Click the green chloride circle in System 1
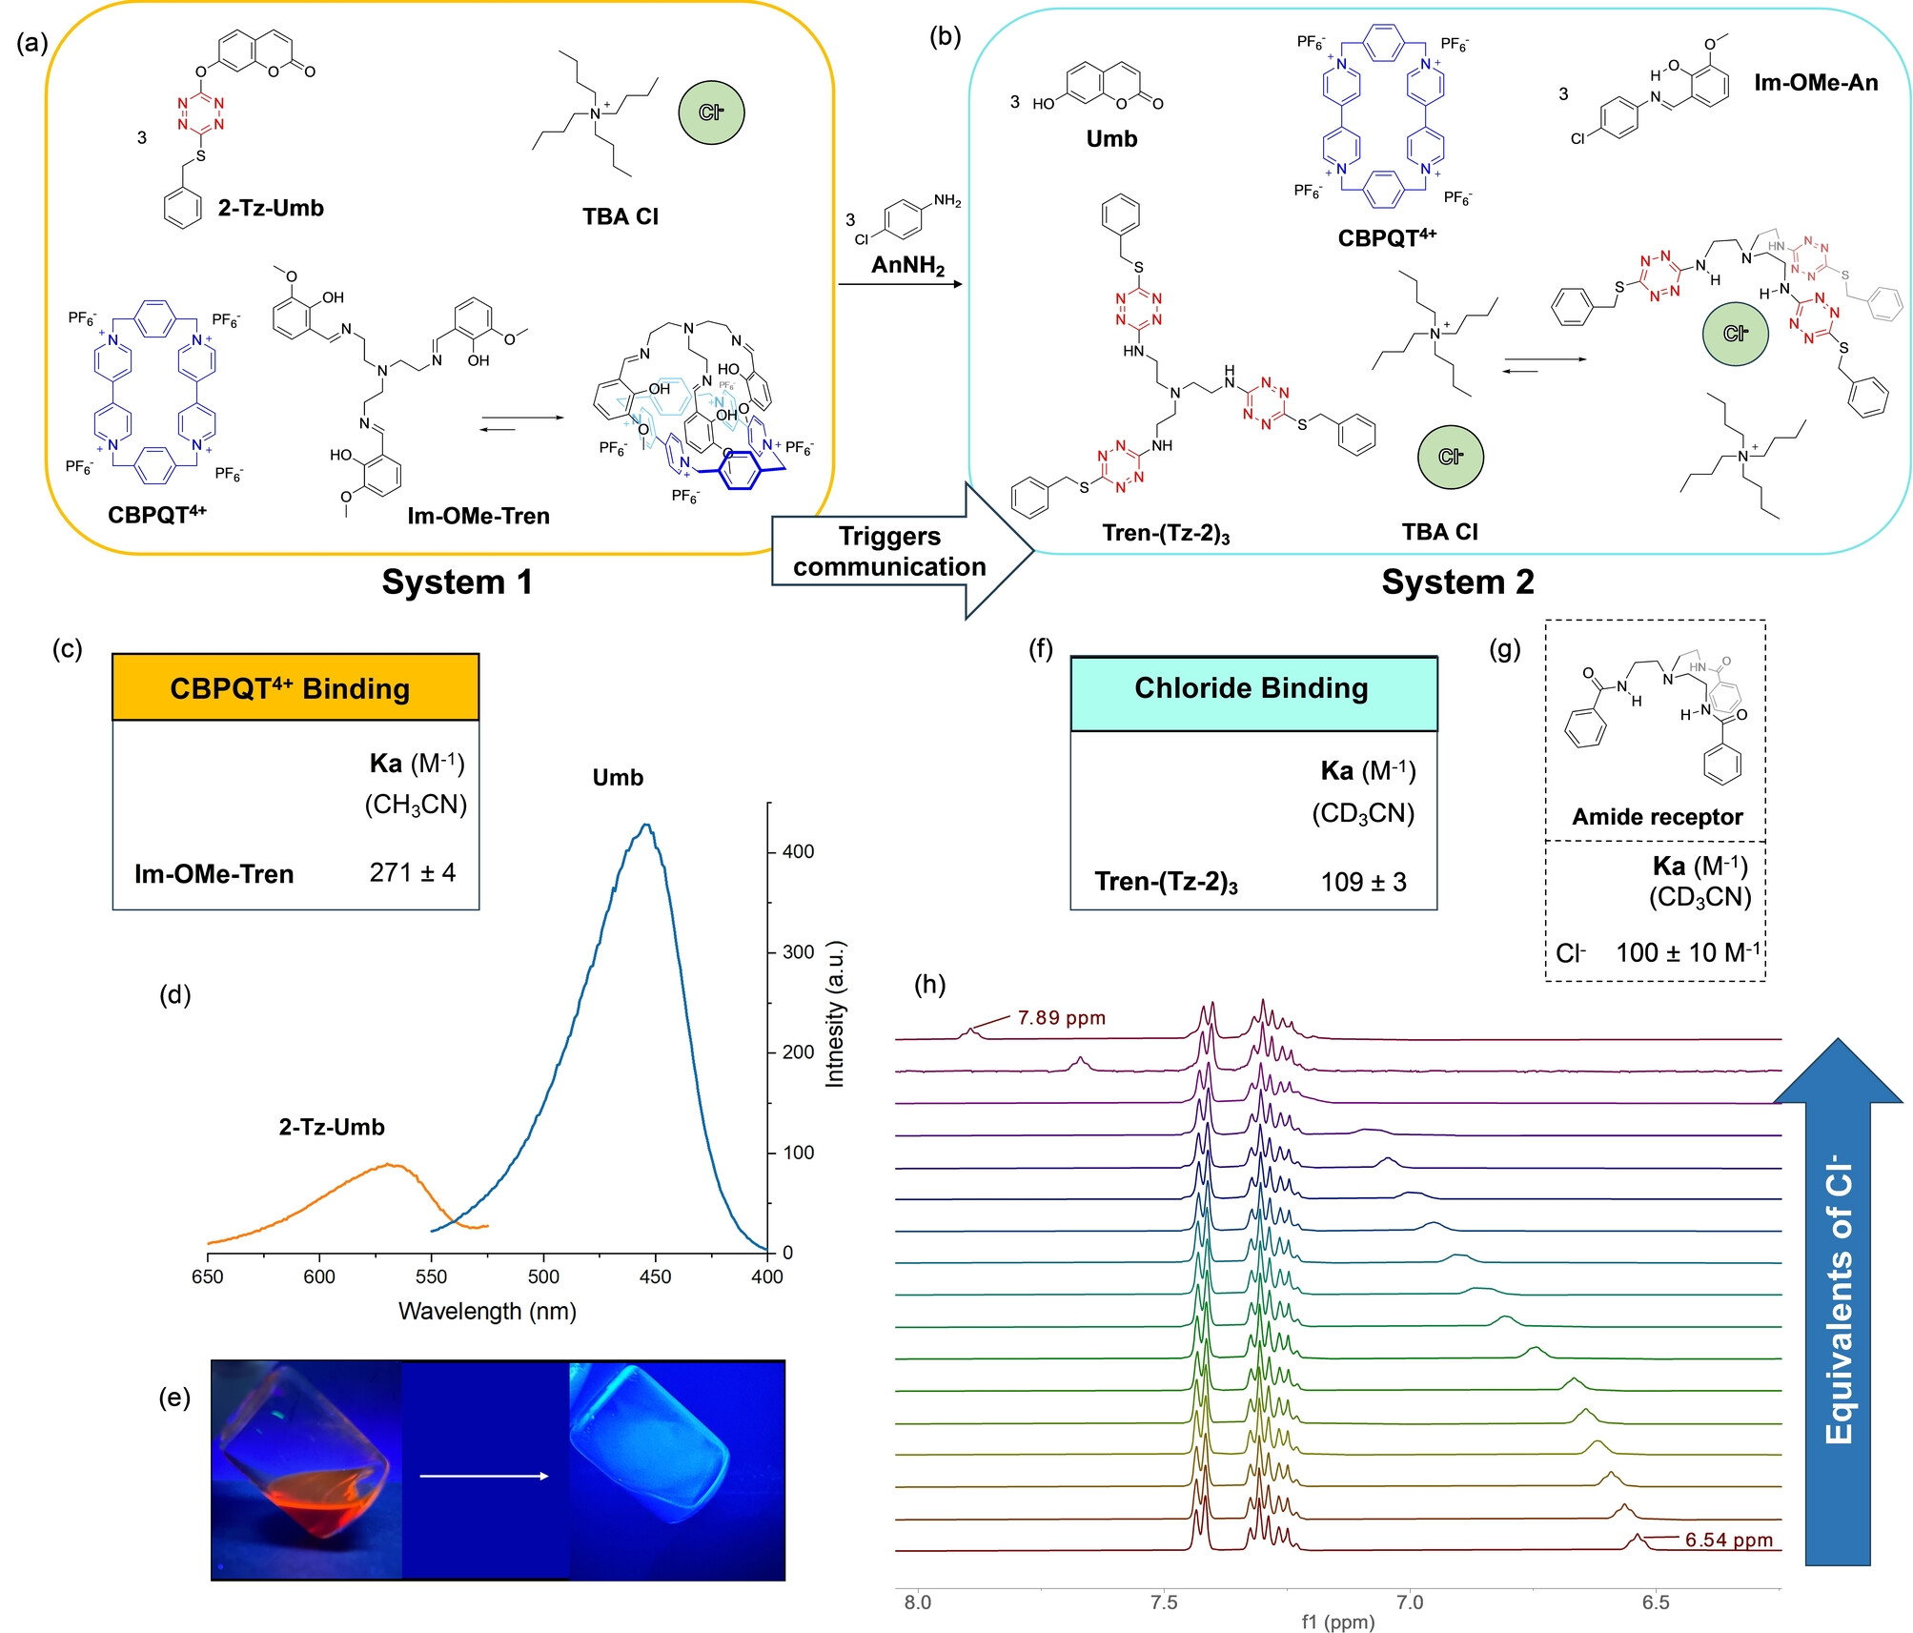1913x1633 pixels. (711, 112)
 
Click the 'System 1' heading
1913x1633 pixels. (457, 582)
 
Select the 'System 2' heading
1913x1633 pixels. (1457, 582)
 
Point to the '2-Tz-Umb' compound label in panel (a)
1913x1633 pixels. (271, 208)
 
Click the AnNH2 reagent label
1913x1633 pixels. (907, 265)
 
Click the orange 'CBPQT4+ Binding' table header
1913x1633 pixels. (295, 688)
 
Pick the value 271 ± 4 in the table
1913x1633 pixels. (412, 872)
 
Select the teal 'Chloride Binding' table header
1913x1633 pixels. (1252, 688)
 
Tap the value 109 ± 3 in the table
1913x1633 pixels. (1363, 882)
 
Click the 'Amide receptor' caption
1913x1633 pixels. (1657, 817)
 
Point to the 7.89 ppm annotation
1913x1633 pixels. (1061, 1017)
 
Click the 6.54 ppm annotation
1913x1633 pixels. (1728, 1540)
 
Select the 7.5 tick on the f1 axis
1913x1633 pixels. (1164, 1602)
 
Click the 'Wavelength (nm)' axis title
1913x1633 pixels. (487, 1311)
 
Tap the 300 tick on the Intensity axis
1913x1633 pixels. (798, 951)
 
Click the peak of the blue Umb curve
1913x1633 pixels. (647, 825)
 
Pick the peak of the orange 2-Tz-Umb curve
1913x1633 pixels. (389, 1164)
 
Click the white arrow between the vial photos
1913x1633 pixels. (484, 1476)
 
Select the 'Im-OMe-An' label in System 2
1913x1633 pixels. (1816, 83)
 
